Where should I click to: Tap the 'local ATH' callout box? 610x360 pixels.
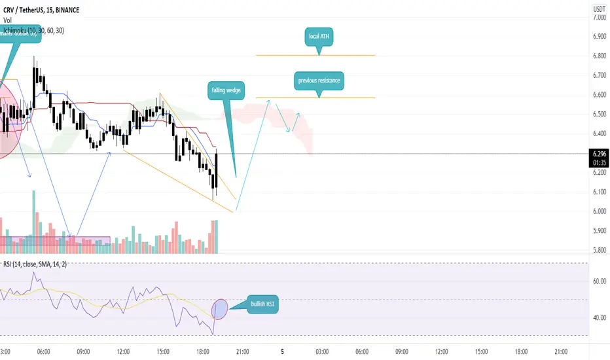[x=319, y=36]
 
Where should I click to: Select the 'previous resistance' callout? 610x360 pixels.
[x=319, y=81]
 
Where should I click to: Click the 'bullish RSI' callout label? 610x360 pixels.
[x=262, y=304]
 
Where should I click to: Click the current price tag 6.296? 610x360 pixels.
[x=598, y=153]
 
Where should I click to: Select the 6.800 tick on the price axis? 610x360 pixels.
[x=598, y=56]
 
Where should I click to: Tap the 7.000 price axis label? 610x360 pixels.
[x=598, y=18]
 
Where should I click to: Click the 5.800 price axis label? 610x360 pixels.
[x=598, y=250]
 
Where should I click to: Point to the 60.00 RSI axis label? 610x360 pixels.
[x=598, y=281]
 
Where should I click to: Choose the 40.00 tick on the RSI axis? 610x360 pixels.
[x=598, y=318]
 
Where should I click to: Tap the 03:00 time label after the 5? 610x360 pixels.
[x=322, y=351]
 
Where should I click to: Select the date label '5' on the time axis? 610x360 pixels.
[x=282, y=351]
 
